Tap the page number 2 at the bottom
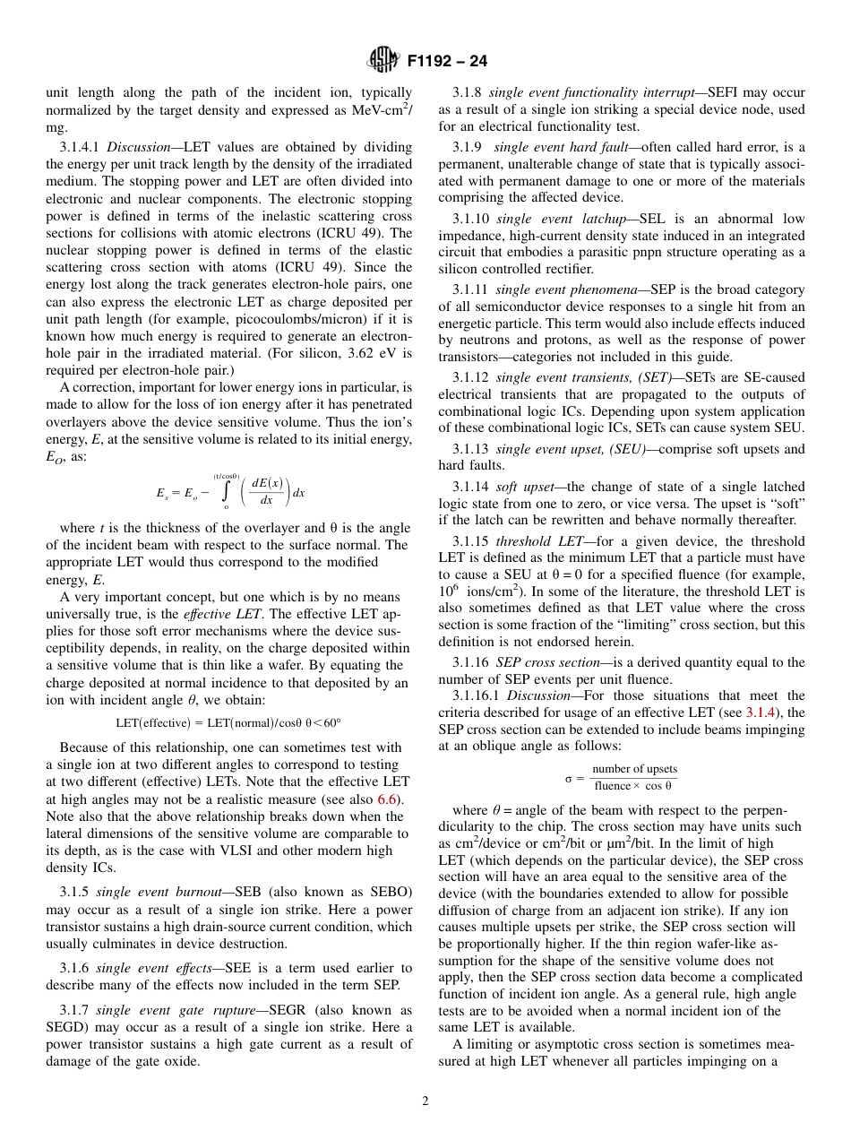click(x=425, y=1101)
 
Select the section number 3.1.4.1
click(x=82, y=147)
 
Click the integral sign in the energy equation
click(x=226, y=493)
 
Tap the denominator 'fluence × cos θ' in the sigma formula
click(x=633, y=786)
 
